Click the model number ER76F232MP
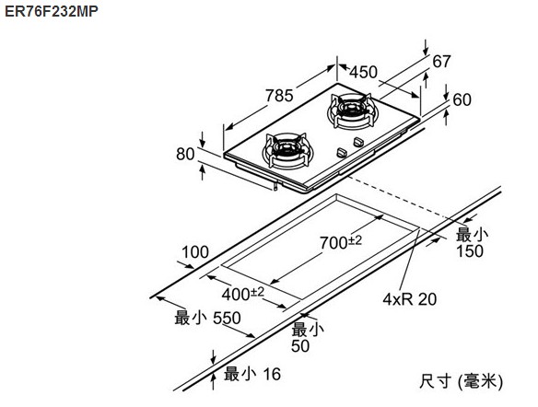pos(52,11)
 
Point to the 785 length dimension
pos(279,96)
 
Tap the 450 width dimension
pos(363,72)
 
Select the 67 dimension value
pos(441,62)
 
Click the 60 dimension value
pos(462,99)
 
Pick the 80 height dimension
pos(185,154)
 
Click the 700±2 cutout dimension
pos(341,242)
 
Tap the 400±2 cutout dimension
pos(243,294)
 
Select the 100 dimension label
pos(195,252)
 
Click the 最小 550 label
pos(207,318)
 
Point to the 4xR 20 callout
pos(410,299)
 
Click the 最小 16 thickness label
pos(252,374)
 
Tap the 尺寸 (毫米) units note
pos(461,381)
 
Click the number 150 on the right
pos(470,251)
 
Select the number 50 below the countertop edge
pos(300,345)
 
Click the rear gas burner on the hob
pos(350,110)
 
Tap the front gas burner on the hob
pos(286,150)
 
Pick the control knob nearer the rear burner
pos(358,142)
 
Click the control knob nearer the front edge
pos(342,153)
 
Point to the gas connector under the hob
pos(275,187)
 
